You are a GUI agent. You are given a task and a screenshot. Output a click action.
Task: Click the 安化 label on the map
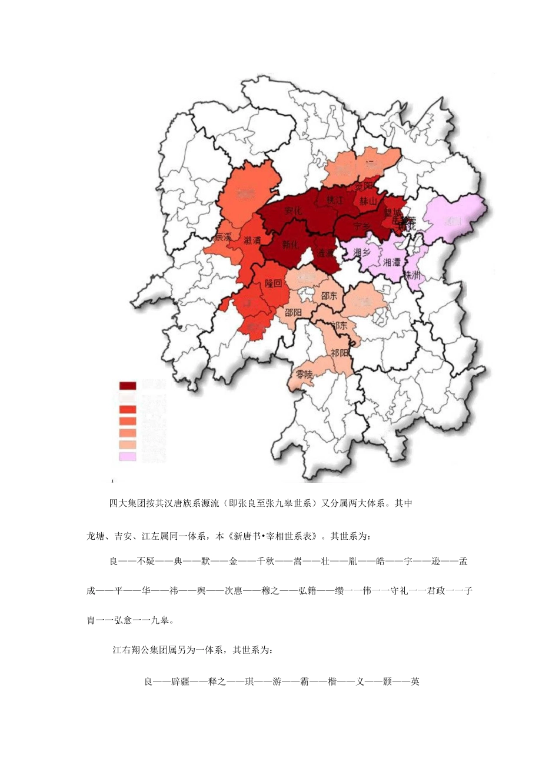tap(293, 211)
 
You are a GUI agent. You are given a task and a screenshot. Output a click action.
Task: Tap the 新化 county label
tap(290, 245)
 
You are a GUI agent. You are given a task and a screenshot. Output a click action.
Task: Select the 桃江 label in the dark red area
tap(335, 201)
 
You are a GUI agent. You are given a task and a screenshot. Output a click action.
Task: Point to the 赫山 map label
tap(368, 201)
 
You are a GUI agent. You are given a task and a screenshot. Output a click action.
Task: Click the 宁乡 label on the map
tap(362, 225)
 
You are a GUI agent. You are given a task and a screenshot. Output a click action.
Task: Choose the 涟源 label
tap(325, 253)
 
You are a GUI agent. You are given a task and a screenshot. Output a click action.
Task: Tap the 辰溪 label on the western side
tap(223, 238)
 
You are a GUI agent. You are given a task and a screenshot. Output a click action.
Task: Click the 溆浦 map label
tap(252, 240)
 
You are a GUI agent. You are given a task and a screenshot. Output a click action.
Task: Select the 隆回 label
tap(274, 283)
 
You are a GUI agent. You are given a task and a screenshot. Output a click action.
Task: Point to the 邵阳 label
tap(293, 312)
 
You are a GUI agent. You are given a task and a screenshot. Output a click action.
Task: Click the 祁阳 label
tap(340, 353)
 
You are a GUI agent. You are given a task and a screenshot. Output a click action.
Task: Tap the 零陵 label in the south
tap(304, 373)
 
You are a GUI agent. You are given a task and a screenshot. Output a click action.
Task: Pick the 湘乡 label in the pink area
tap(362, 252)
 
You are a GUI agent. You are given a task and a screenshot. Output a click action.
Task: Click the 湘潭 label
tap(391, 262)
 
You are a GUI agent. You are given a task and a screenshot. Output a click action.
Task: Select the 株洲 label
tap(412, 275)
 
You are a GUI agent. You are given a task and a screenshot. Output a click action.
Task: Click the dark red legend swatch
tap(128, 386)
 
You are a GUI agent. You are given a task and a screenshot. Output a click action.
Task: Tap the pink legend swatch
tap(128, 456)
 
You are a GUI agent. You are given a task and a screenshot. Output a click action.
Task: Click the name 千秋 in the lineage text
tap(266, 562)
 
